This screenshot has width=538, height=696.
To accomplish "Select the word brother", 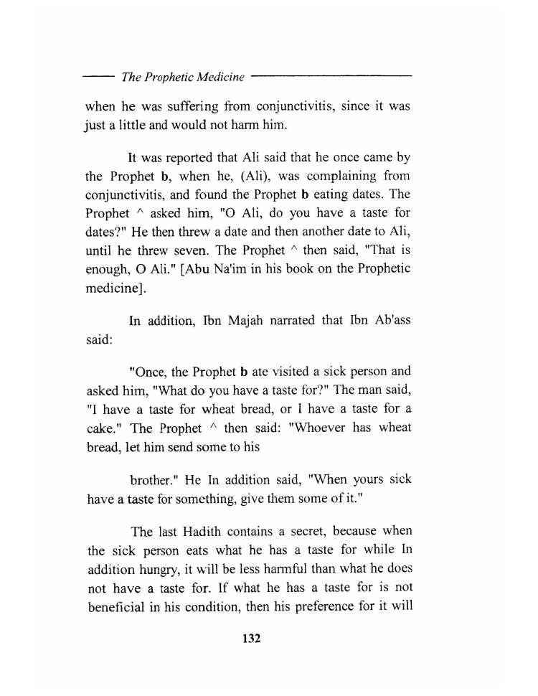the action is (151, 479).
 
